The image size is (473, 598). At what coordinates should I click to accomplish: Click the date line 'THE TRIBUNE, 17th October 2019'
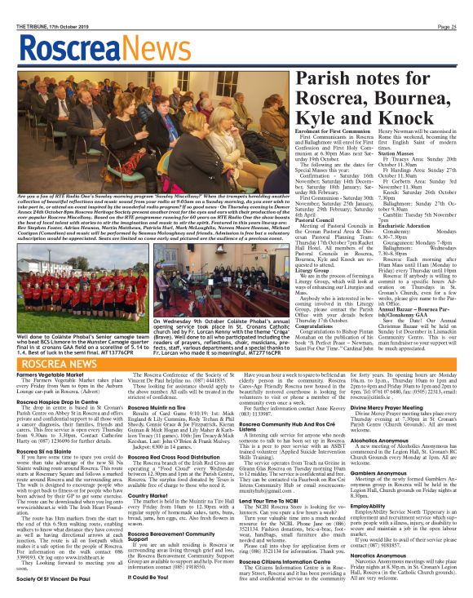point(40,6)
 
